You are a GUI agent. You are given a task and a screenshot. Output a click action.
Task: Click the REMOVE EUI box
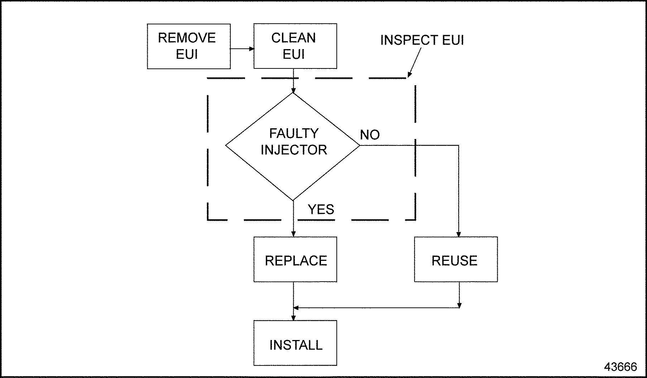(188, 46)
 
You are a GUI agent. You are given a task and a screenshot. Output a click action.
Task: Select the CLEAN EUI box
(295, 46)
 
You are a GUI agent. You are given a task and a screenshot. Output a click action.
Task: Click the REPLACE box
(295, 259)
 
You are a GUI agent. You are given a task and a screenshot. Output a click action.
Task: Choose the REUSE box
(456, 259)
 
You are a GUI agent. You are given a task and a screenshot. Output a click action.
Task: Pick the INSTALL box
(295, 343)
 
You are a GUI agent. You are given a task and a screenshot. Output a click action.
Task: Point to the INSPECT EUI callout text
(422, 40)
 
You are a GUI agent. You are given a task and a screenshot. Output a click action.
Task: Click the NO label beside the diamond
(370, 135)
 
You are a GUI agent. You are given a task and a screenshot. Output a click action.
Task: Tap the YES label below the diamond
(321, 209)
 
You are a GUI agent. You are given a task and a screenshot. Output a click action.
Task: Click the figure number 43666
(620, 367)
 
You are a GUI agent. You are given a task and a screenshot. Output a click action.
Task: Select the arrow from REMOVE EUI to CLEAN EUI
(242, 48)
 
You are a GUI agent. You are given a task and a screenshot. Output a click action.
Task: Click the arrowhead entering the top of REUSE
(459, 233)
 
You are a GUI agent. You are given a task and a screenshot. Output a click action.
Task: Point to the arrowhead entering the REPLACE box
(293, 233)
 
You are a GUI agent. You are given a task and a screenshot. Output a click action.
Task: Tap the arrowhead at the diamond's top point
(293, 90)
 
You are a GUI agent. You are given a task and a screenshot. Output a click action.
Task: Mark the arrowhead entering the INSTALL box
(293, 317)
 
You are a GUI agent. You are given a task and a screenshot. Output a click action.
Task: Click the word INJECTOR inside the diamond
(294, 150)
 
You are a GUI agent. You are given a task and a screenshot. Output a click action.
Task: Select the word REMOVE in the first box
(187, 38)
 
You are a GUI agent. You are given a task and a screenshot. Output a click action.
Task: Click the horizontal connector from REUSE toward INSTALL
(376, 307)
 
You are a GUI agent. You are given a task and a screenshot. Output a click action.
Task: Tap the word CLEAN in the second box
(293, 38)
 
